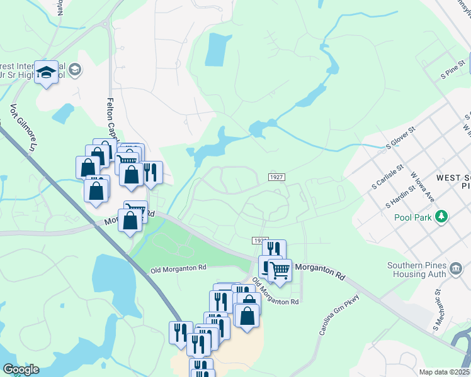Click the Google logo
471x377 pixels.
21,369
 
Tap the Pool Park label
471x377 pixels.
415,217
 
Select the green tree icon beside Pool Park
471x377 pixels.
443,217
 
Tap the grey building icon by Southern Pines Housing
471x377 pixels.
457,269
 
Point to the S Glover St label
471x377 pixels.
401,138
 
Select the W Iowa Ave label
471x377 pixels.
423,187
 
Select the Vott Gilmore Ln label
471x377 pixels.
22,128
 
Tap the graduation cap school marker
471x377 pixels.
47,73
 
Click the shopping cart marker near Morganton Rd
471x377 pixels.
280,270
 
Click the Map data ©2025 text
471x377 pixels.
445,372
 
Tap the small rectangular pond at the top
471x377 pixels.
215,49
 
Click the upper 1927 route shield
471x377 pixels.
276,178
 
